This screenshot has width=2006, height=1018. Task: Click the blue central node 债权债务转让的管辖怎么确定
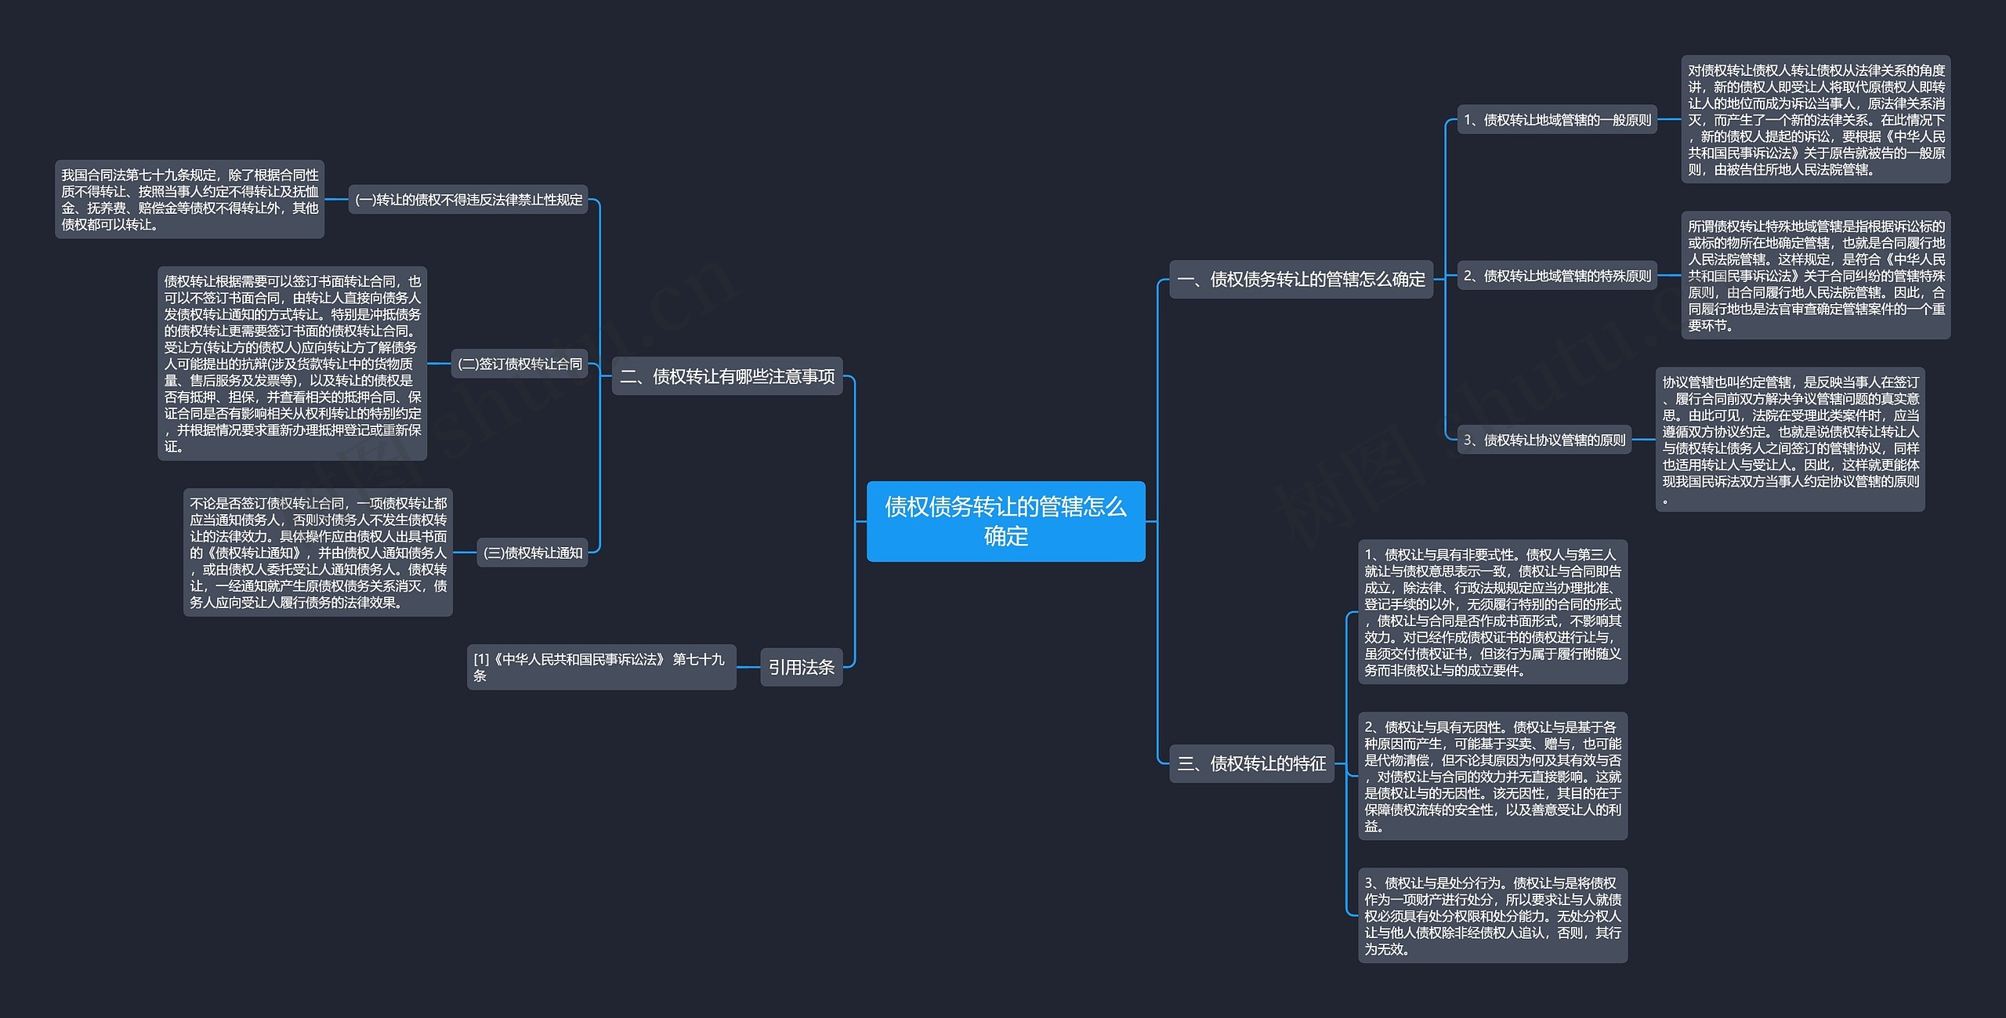(1005, 521)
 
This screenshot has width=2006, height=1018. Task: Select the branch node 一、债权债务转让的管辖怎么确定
(1301, 279)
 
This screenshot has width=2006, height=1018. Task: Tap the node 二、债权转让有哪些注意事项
(726, 376)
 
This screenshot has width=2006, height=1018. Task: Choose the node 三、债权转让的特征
(1251, 763)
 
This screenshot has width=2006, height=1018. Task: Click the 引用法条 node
(801, 667)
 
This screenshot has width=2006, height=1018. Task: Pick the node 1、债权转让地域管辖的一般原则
(1556, 120)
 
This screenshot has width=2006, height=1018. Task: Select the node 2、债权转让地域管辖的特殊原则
(1556, 276)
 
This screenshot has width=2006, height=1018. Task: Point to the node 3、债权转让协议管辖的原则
(1544, 440)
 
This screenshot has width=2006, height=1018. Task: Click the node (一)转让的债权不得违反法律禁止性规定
(469, 200)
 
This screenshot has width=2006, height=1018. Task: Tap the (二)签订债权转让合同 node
(520, 364)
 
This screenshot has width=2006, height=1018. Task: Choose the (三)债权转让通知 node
(532, 552)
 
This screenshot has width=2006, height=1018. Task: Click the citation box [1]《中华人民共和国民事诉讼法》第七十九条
(601, 667)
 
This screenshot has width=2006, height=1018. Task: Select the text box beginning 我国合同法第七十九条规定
(190, 199)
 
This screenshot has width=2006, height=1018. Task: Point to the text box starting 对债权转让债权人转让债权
(1816, 119)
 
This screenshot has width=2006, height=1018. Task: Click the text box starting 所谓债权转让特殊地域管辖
(1816, 275)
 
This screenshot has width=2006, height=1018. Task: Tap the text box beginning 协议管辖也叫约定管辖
(1790, 440)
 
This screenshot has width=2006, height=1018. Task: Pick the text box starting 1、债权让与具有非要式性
(1492, 612)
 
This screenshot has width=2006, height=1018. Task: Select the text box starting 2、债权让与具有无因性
(1492, 776)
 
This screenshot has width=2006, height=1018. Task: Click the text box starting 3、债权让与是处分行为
(1492, 915)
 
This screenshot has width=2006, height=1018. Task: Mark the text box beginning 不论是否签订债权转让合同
(318, 552)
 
